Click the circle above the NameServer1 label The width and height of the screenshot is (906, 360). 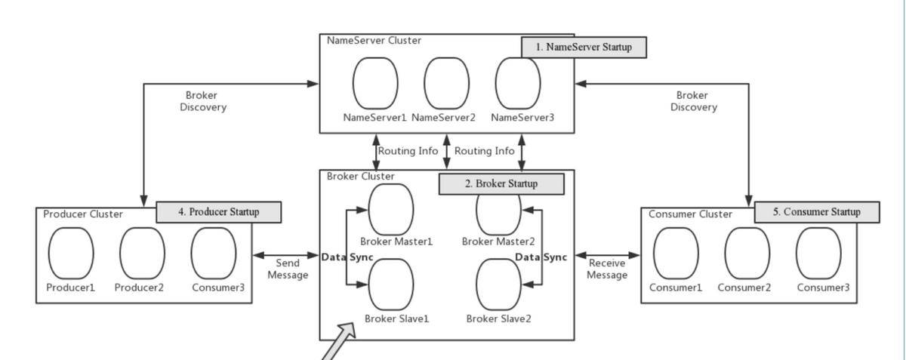point(375,83)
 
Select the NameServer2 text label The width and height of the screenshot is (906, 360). point(443,118)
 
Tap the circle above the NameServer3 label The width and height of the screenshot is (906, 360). point(518,83)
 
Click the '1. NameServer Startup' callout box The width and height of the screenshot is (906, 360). point(584,47)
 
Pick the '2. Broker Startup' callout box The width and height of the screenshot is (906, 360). point(501,183)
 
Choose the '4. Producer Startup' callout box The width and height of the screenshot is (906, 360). point(218,212)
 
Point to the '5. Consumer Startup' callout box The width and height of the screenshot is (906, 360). point(817,212)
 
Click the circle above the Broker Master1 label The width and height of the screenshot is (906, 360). point(390,208)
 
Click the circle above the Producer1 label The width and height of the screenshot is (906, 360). point(71,254)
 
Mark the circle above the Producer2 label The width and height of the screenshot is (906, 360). point(142,254)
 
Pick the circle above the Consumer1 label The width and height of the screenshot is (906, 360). point(676,254)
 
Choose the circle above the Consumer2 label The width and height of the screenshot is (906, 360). point(748,254)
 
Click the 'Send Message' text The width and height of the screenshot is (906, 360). point(288,269)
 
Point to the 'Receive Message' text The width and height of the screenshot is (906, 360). point(607,269)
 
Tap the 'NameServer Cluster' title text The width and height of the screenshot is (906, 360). point(374,40)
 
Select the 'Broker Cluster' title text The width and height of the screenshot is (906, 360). point(360,176)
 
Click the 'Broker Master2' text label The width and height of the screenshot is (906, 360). point(498,242)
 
